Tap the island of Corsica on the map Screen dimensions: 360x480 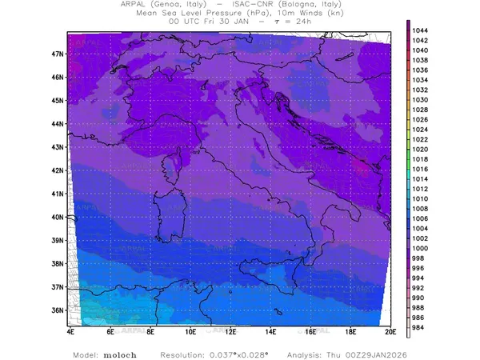pos(174,166)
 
